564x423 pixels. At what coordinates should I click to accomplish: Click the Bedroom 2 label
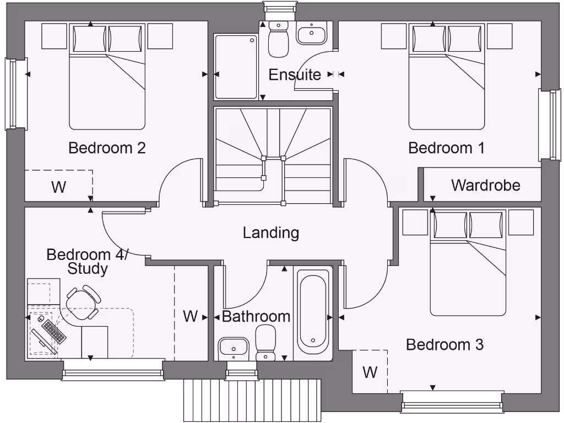(107, 148)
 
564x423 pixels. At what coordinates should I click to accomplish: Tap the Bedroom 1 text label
(446, 148)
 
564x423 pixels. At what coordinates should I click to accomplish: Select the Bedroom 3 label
(444, 345)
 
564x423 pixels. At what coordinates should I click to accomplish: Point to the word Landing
(271, 233)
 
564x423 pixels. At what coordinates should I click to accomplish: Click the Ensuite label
(295, 75)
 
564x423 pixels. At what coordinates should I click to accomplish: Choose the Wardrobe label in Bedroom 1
(485, 185)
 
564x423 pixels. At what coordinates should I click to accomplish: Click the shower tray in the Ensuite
(236, 66)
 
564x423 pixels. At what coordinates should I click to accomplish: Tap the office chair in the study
(83, 301)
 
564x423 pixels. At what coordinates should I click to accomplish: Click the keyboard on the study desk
(54, 331)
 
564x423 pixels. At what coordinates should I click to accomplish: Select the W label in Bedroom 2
(58, 187)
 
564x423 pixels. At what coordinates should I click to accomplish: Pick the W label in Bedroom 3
(370, 372)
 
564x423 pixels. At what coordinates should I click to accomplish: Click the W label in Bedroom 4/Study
(190, 316)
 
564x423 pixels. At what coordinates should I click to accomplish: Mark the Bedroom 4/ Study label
(87, 262)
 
